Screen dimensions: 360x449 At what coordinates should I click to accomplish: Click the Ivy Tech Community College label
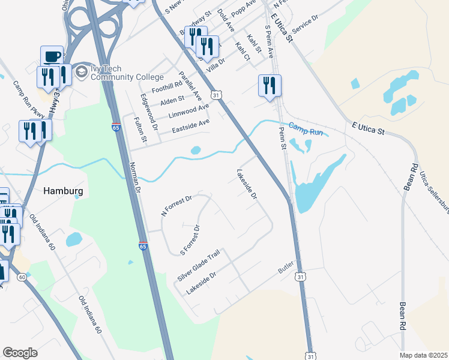pos(127,73)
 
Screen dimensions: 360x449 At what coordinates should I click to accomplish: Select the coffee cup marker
pos(52,56)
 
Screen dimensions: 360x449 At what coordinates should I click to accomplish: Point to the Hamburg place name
pos(63,191)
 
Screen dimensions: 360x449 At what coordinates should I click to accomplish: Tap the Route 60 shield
pos(22,277)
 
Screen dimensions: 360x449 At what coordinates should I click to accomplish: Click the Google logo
pos(20,353)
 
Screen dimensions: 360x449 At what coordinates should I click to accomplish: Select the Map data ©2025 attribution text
pos(423,355)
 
